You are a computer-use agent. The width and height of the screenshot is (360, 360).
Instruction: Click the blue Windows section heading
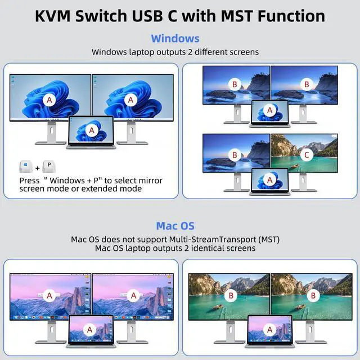coord(175,38)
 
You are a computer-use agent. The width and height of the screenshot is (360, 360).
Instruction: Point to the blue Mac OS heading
coord(175,226)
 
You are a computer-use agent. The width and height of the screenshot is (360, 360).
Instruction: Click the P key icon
coord(49,168)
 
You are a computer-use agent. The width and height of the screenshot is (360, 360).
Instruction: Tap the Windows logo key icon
coord(25,168)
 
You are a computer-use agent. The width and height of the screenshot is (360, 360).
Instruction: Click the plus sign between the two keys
coord(38,168)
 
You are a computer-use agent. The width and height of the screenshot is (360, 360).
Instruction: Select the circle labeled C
coord(307,154)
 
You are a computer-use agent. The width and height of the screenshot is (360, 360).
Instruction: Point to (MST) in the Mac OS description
coord(264,240)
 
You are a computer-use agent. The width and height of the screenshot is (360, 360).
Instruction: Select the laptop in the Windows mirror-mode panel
coord(91,133)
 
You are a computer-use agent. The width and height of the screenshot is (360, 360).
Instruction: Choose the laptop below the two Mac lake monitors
coord(269,333)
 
